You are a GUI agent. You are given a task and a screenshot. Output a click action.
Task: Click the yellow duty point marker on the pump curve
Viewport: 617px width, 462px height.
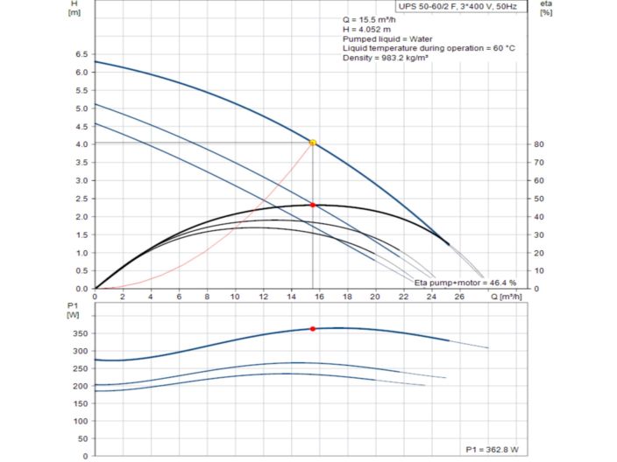(x=313, y=143)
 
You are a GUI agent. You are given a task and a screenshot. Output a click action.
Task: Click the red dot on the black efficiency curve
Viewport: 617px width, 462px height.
(x=313, y=205)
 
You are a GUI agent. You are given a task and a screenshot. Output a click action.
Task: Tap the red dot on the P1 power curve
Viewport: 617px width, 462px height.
(x=313, y=328)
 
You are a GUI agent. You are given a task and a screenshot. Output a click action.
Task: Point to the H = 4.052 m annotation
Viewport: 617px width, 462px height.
(x=367, y=29)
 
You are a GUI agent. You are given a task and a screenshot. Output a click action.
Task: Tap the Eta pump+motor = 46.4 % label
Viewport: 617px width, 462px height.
(x=465, y=283)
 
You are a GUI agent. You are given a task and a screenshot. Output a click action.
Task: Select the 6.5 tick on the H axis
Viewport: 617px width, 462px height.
(x=82, y=53)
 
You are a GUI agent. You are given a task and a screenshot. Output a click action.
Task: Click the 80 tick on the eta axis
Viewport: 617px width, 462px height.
(x=540, y=144)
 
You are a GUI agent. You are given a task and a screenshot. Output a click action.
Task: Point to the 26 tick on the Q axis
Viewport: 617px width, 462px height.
(x=460, y=297)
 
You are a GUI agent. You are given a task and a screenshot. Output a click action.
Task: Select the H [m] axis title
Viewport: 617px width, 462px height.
(x=74, y=9)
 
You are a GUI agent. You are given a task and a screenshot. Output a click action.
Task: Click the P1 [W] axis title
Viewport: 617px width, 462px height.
(x=74, y=310)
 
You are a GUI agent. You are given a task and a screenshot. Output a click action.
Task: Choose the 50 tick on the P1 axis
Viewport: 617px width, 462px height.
(x=82, y=438)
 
